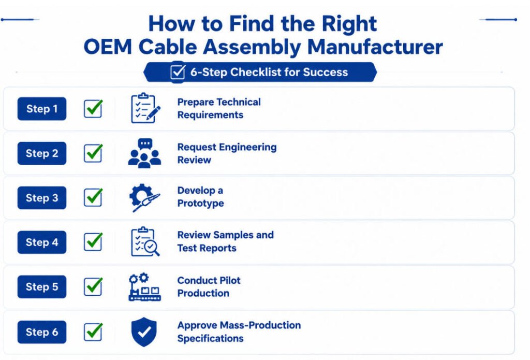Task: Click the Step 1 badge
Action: [42, 109]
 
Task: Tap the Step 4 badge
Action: [42, 242]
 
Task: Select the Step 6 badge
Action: [42, 332]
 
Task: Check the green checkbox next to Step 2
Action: [93, 153]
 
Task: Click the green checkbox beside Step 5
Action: [93, 286]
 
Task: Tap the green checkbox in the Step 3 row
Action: [93, 197]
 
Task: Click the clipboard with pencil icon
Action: [145, 108]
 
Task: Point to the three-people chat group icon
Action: [145, 153]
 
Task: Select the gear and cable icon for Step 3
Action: [144, 197]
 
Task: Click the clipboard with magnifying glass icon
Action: [145, 241]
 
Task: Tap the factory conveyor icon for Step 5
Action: [145, 287]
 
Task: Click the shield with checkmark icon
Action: [144, 332]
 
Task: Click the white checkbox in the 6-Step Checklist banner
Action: [178, 72]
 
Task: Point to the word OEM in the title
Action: [108, 47]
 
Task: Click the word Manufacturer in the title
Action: [375, 47]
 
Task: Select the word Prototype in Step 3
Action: [201, 204]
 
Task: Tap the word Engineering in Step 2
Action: [248, 148]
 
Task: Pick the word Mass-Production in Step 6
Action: [260, 325]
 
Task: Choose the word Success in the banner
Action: [325, 72]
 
